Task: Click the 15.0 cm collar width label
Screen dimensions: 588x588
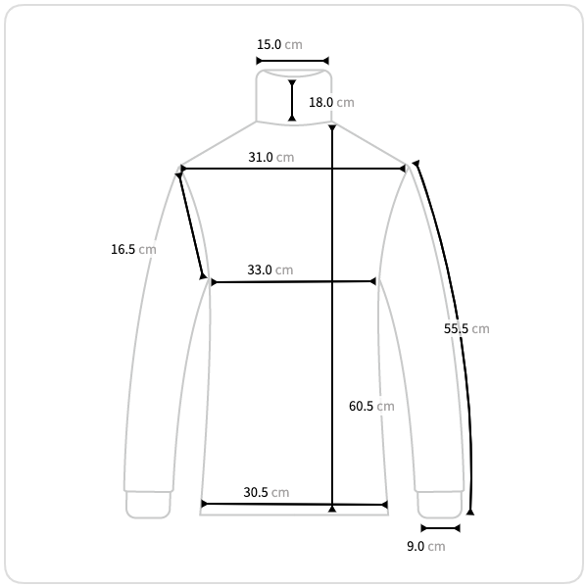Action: tap(279, 45)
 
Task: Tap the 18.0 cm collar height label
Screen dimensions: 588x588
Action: tap(331, 102)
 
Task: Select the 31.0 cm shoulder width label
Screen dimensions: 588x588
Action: tap(271, 157)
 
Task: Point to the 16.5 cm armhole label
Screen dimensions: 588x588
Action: tap(133, 249)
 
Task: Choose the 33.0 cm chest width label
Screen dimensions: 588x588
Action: tap(270, 270)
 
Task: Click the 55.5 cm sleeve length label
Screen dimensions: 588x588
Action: tap(466, 329)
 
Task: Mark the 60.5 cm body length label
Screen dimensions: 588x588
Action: tap(371, 406)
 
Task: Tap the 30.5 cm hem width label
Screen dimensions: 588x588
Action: tap(267, 492)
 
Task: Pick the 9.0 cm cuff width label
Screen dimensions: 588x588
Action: tap(426, 547)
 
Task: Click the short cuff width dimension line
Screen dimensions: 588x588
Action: tap(441, 528)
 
